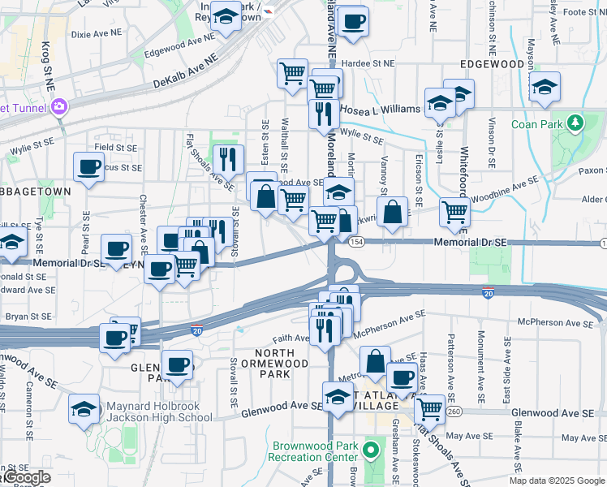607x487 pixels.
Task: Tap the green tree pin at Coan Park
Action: pyautogui.click(x=577, y=123)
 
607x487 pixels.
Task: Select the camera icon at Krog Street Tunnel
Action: pyautogui.click(x=59, y=106)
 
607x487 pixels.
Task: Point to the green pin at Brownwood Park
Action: pyautogui.click(x=372, y=449)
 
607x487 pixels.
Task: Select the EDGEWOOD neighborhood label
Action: pyautogui.click(x=492, y=63)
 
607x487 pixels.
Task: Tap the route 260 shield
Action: pyautogui.click(x=453, y=412)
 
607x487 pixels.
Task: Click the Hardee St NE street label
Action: pyautogui.click(x=366, y=62)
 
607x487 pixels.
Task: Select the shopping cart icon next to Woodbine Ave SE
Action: pyautogui.click(x=454, y=213)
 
